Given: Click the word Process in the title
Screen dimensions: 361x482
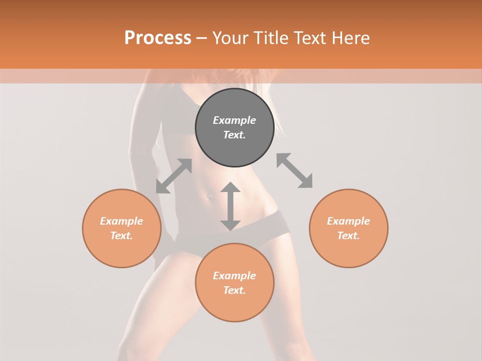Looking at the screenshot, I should click(x=158, y=38).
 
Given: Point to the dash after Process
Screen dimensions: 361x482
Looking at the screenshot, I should click(x=201, y=39).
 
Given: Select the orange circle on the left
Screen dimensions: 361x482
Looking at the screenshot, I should click(x=122, y=251).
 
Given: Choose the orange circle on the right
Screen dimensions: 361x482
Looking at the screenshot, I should click(x=348, y=251).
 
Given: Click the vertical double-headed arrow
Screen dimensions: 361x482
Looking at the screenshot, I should click(x=230, y=206).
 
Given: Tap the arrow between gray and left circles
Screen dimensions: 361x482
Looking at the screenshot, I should click(x=174, y=176).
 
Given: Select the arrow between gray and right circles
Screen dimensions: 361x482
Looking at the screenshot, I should click(x=295, y=170).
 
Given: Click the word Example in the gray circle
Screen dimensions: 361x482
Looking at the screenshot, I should click(x=234, y=120).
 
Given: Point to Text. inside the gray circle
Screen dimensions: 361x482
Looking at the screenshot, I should click(x=234, y=135).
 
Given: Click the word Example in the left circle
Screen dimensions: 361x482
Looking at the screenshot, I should click(x=122, y=221).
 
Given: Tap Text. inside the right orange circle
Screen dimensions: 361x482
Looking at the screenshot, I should click(x=348, y=236).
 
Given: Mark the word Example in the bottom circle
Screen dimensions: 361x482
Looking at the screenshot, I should click(x=234, y=276).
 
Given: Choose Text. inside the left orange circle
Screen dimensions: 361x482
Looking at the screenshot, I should click(x=122, y=236).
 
